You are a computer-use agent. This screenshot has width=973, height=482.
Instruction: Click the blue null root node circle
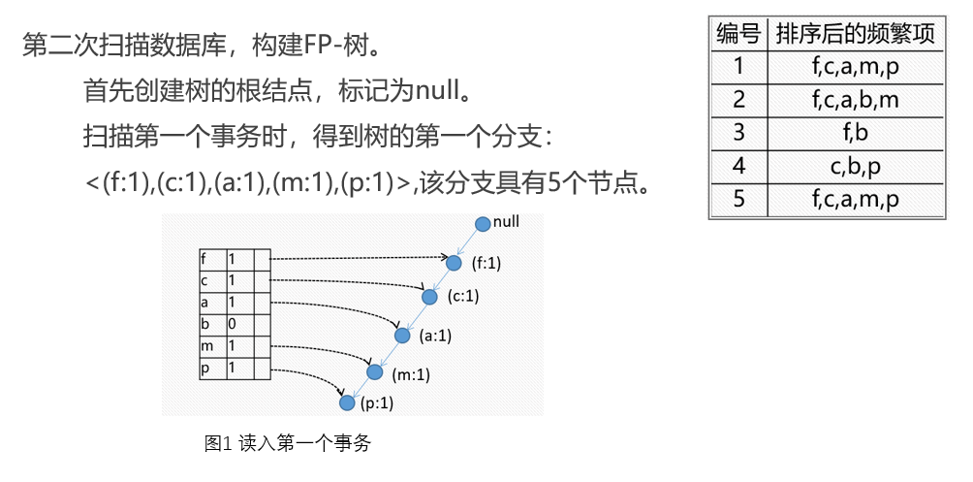pyautogui.click(x=483, y=225)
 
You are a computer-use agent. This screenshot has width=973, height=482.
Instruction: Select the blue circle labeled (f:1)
pyautogui.click(x=454, y=263)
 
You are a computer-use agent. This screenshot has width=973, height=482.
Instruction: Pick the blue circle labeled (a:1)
pyautogui.click(x=402, y=336)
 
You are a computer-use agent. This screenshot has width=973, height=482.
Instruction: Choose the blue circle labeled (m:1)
pyautogui.click(x=375, y=372)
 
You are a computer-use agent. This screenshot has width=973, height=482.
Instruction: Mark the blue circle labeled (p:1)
pyautogui.click(x=347, y=402)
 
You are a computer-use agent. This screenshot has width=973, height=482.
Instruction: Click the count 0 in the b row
pyautogui.click(x=232, y=323)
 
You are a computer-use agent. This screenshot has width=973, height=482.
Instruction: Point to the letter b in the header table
pyautogui.click(x=204, y=323)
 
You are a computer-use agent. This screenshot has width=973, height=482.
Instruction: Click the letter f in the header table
pyautogui.click(x=204, y=259)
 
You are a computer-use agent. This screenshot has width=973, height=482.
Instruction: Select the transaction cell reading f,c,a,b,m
pyautogui.click(x=856, y=99)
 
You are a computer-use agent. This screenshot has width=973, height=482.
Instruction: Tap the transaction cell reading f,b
pyautogui.click(x=856, y=132)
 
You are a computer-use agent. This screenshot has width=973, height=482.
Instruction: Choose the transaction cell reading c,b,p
pyautogui.click(x=856, y=166)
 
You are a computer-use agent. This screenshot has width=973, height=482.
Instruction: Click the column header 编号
pyautogui.click(x=738, y=34)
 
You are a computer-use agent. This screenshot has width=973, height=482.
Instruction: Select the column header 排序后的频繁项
pyautogui.click(x=856, y=34)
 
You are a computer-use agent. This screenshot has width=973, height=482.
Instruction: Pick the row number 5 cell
pyautogui.click(x=738, y=200)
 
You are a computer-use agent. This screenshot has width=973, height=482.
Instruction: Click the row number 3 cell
pyautogui.click(x=738, y=132)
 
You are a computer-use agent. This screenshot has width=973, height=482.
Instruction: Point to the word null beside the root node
pyautogui.click(x=507, y=222)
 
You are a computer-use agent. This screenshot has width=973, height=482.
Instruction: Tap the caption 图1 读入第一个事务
pyautogui.click(x=288, y=444)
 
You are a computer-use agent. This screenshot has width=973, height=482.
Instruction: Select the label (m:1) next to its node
pyautogui.click(x=411, y=374)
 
